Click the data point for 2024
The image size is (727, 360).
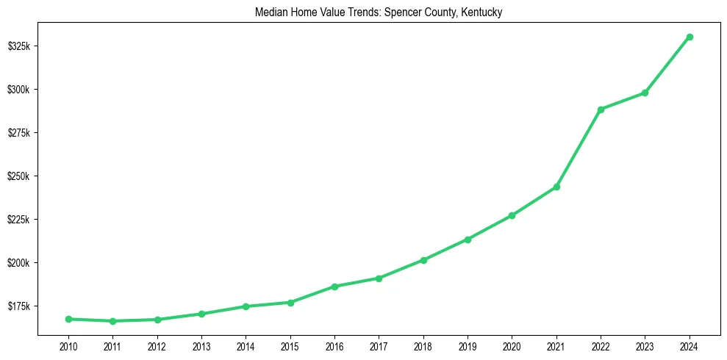[690, 37]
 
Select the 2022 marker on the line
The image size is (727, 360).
[601, 109]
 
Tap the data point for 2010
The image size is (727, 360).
[68, 319]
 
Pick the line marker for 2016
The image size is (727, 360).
[334, 287]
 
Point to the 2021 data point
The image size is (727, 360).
[556, 187]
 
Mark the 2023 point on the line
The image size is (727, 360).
[645, 93]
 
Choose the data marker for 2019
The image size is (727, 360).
[468, 240]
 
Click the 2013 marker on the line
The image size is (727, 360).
[201, 314]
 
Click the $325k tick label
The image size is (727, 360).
[18, 46]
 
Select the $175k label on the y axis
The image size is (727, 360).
[18, 306]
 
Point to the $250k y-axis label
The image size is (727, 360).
[18, 176]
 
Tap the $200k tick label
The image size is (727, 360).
[18, 263]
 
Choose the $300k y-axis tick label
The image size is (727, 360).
[18, 90]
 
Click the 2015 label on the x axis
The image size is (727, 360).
[290, 345]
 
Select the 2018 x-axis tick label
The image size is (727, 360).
[423, 345]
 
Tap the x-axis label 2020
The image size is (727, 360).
[512, 345]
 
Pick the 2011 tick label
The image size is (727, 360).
[112, 345]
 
